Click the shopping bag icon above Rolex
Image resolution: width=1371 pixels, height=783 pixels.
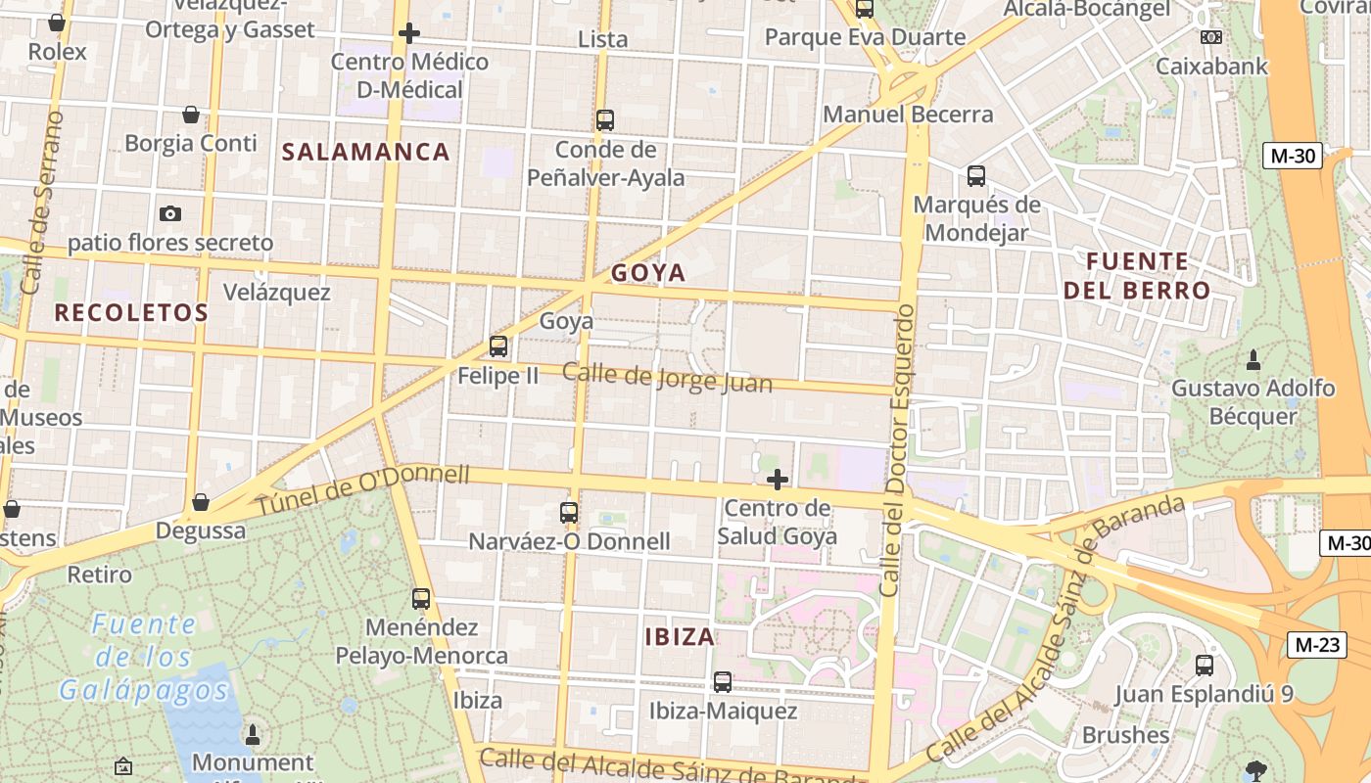(x=57, y=22)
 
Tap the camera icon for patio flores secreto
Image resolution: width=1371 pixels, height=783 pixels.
(x=170, y=213)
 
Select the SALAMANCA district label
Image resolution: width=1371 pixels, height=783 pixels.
(x=366, y=152)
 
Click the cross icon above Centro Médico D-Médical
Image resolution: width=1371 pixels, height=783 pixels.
(x=409, y=33)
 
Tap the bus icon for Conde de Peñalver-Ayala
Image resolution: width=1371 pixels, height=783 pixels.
(x=605, y=120)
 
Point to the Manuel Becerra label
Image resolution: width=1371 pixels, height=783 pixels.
(x=908, y=115)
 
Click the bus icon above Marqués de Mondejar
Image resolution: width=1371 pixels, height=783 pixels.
(x=976, y=176)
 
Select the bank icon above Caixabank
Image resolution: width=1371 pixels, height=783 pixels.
(x=1211, y=37)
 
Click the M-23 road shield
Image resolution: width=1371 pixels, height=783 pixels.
(x=1317, y=644)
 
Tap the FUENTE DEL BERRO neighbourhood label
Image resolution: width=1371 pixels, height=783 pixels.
(x=1137, y=276)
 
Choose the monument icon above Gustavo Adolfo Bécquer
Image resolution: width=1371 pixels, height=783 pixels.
(x=1253, y=359)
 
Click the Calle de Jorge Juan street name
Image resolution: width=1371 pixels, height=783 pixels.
(x=667, y=378)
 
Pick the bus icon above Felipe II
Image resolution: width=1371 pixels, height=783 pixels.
(x=498, y=345)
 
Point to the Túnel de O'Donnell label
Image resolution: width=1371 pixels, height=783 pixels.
(x=363, y=491)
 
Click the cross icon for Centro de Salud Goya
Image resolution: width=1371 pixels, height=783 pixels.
(x=778, y=480)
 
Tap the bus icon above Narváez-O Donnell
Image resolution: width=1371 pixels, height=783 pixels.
(x=569, y=512)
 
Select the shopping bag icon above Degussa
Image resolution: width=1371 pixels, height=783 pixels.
(x=201, y=502)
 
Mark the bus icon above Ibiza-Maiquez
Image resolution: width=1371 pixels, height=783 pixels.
(x=723, y=681)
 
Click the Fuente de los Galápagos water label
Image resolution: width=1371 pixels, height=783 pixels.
(x=145, y=657)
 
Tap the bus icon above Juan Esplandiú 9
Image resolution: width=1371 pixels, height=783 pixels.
(x=1205, y=666)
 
